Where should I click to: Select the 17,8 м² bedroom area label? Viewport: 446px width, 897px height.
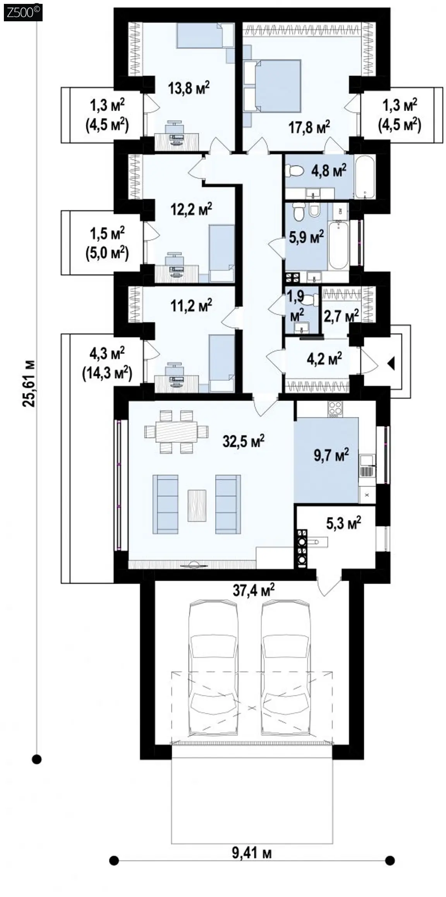(309, 127)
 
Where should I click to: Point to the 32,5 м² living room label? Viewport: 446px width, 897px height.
(244, 441)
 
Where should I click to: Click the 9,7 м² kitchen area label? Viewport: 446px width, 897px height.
(331, 455)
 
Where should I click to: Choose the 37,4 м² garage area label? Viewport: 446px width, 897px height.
(254, 591)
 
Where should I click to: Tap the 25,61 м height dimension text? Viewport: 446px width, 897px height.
(29, 383)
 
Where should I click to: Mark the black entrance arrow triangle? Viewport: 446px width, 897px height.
(391, 364)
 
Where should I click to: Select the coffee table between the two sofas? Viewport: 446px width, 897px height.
(197, 505)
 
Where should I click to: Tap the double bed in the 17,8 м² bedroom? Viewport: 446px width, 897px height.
(272, 86)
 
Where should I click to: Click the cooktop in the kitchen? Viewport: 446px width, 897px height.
(335, 408)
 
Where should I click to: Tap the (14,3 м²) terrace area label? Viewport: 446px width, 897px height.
(107, 373)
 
